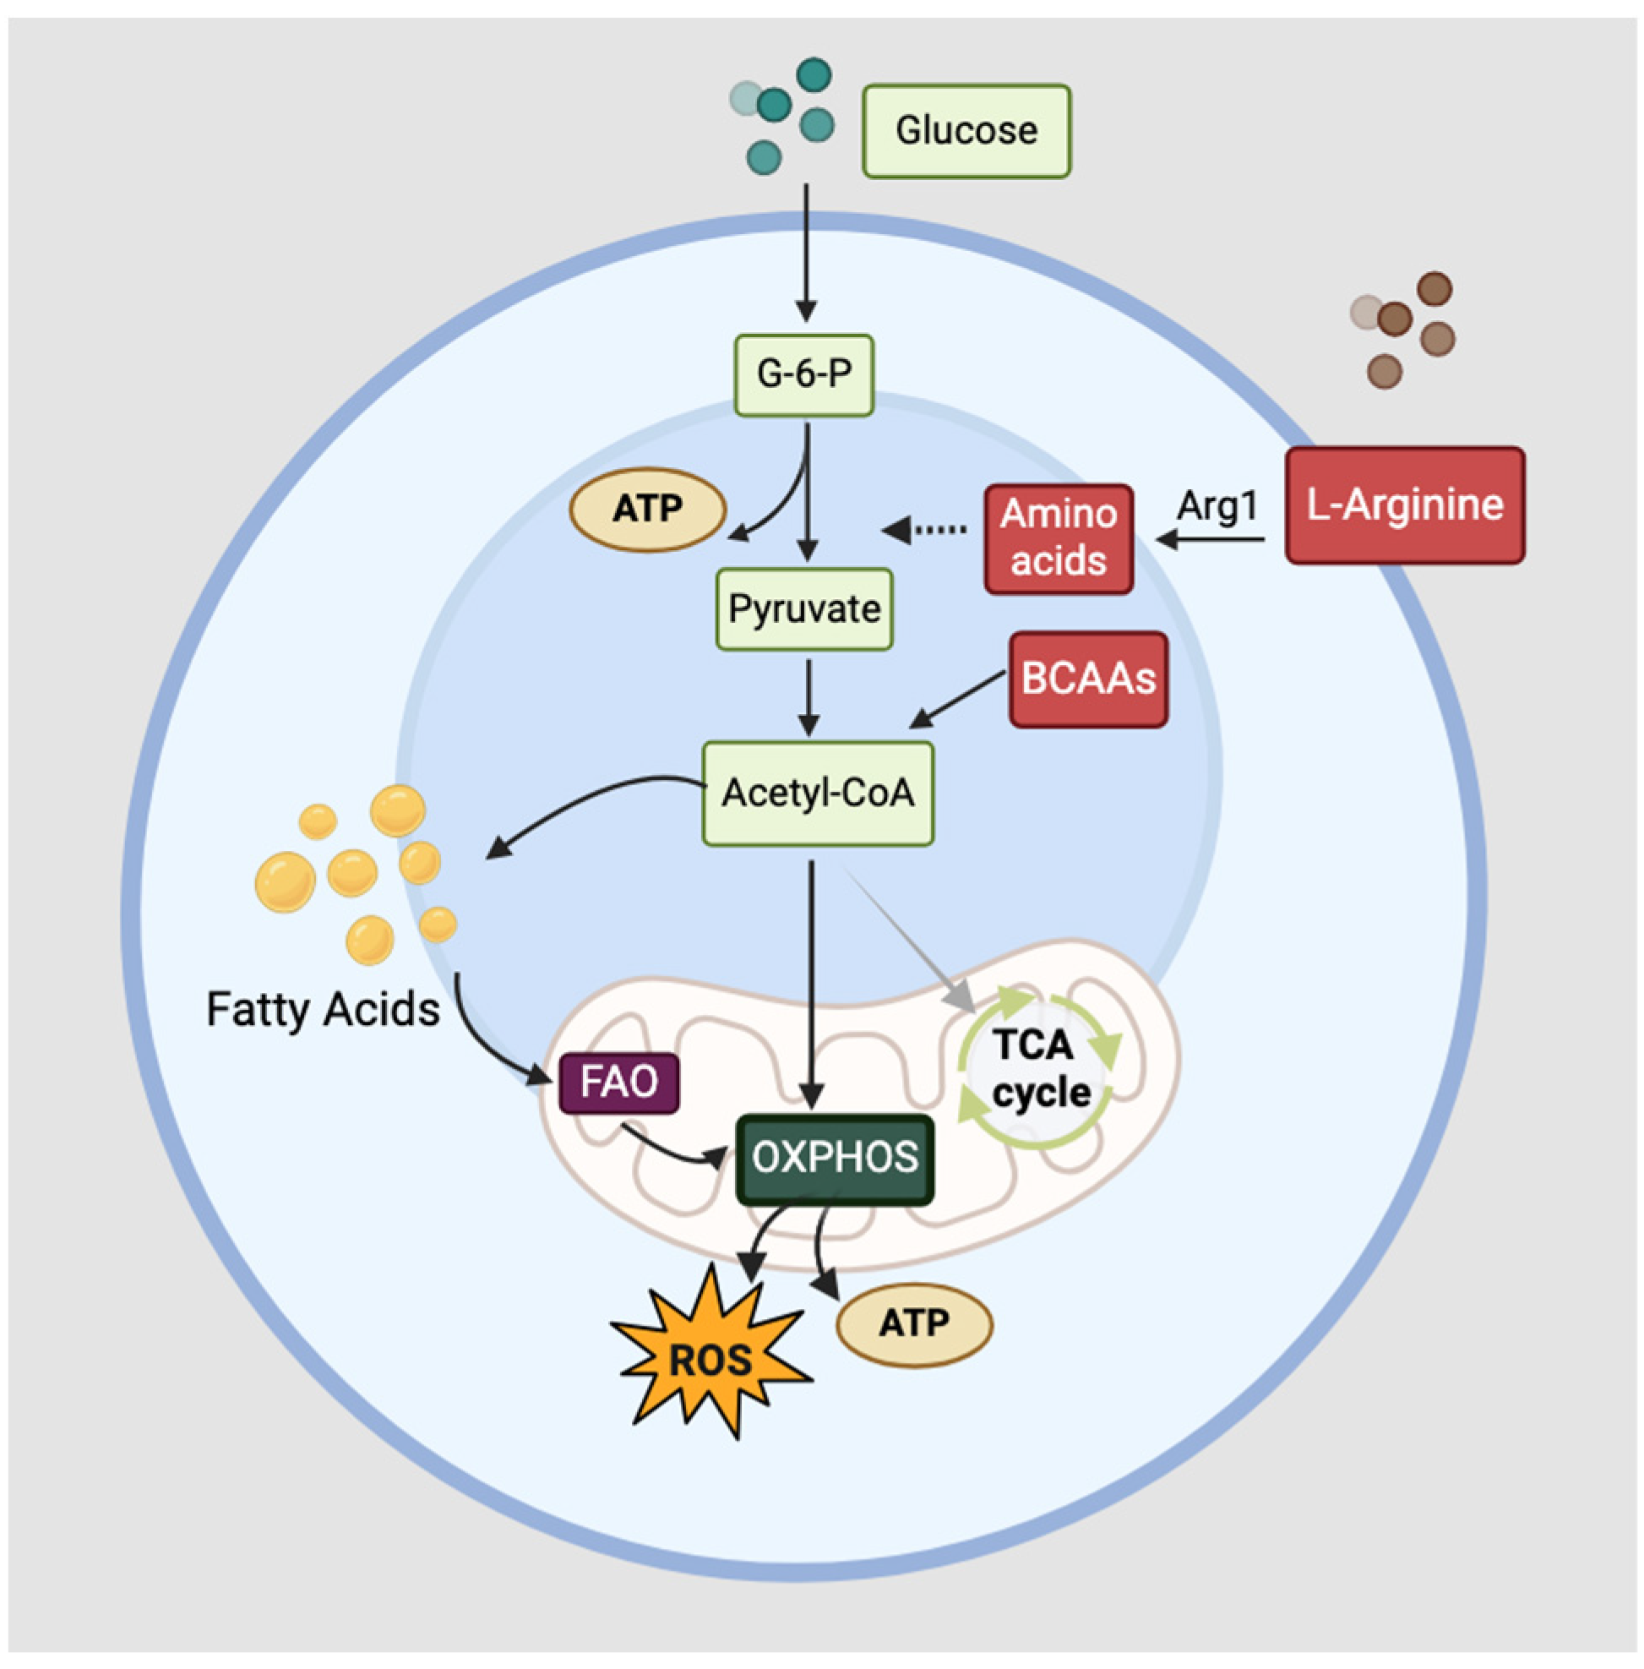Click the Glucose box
[966, 131]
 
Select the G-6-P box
[804, 375]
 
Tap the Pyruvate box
[804, 609]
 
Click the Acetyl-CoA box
[818, 793]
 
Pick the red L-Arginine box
[1405, 505]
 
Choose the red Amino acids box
[1059, 539]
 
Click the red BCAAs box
[1088, 679]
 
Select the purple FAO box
[619, 1083]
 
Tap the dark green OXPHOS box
[835, 1159]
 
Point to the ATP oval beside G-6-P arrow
[648, 510]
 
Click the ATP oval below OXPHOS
[914, 1324]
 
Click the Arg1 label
[1217, 505]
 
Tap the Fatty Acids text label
[323, 1009]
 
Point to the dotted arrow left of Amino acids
[923, 530]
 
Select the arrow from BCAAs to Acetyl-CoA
[957, 699]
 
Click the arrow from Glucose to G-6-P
[807, 252]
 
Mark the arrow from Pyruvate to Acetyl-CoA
[808, 698]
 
